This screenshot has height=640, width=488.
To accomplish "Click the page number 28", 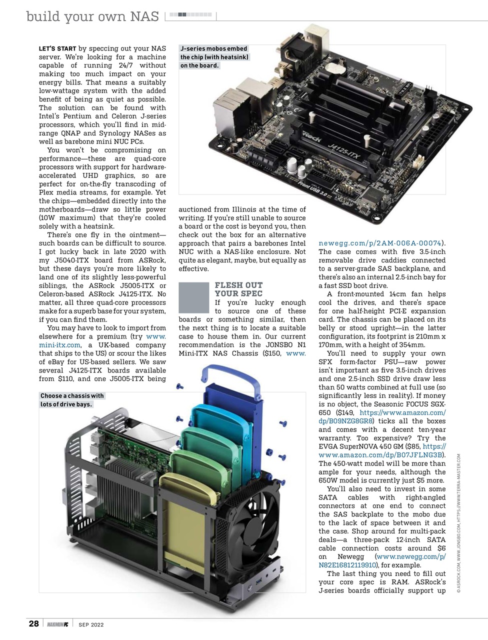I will [x=33, y=623].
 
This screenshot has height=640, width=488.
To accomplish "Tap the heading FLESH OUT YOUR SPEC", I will [x=238, y=289].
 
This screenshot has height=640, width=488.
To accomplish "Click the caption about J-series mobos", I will [x=214, y=57].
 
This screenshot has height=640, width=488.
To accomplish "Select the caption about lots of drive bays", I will [x=72, y=400].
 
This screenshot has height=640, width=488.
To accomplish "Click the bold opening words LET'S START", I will [x=57, y=49].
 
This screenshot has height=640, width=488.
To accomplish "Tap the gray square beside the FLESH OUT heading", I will [x=193, y=297].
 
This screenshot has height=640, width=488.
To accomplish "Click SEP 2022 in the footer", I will [x=91, y=624].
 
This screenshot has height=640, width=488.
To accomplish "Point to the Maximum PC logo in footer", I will [x=57, y=624].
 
